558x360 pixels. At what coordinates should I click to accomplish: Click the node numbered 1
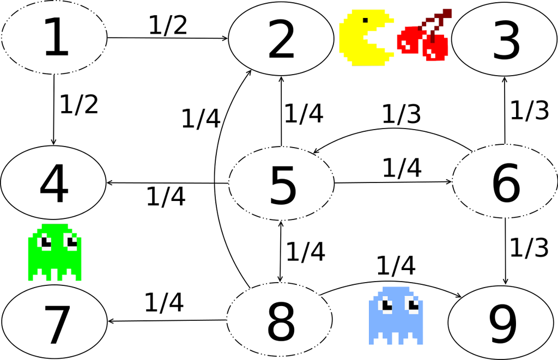tap(54, 38)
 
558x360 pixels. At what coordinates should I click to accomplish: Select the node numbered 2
tap(281, 39)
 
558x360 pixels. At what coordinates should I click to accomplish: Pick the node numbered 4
tap(53, 183)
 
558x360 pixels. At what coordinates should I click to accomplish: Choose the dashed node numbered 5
tap(281, 184)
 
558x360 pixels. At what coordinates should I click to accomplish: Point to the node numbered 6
tap(505, 182)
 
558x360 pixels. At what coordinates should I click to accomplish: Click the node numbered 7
tap(54, 321)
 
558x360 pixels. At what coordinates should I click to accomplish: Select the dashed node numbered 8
tap(280, 320)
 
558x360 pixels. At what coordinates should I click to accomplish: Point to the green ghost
tap(54, 252)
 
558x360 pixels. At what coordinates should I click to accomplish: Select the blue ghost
tap(396, 315)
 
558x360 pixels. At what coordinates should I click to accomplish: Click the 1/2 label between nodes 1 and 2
tap(167, 25)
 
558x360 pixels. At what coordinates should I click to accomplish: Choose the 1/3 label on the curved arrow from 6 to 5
tap(401, 114)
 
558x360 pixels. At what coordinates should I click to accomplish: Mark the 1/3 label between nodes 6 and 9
tap(529, 248)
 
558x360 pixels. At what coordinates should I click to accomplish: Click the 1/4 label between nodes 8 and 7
tap(163, 302)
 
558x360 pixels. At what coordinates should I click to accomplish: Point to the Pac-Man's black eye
tap(365, 21)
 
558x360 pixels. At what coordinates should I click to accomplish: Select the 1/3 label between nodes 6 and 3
tap(529, 110)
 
